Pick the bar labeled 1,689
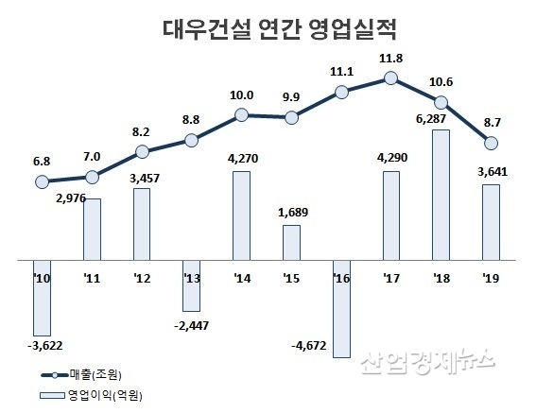291,241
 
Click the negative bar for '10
41,296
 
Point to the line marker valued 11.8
389,79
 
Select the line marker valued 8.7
489,143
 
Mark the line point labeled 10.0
241,115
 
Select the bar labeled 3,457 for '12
142,223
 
